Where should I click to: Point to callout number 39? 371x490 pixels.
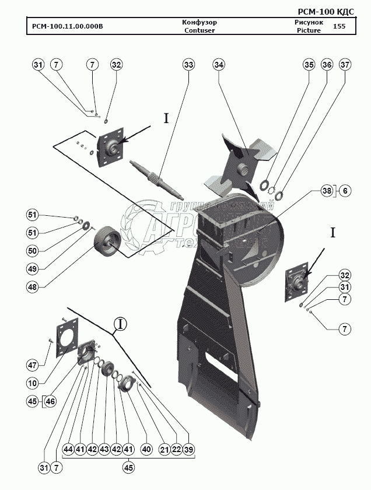pos(189,450)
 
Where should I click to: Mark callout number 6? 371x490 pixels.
pos(345,191)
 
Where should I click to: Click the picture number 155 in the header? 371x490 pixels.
pos(339,26)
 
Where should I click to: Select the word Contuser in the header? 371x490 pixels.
pos(199,30)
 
